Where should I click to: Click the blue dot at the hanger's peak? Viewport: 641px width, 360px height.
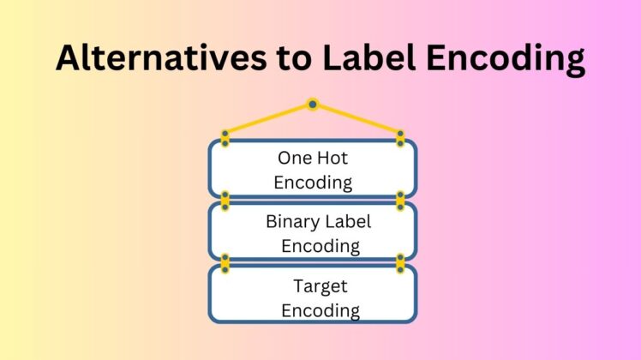(313, 105)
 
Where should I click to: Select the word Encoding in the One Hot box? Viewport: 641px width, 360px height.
(313, 182)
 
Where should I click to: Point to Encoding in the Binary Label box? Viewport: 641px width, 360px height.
(320, 246)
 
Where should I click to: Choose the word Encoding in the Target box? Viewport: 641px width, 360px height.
(320, 310)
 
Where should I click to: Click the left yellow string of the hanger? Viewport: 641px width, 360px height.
(267, 118)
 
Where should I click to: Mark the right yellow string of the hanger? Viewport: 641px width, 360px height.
(357, 118)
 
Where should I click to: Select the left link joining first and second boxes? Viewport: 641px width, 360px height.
(225, 201)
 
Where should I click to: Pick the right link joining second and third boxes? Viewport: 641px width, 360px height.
(400, 263)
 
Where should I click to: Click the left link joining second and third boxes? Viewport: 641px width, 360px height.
(225, 263)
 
